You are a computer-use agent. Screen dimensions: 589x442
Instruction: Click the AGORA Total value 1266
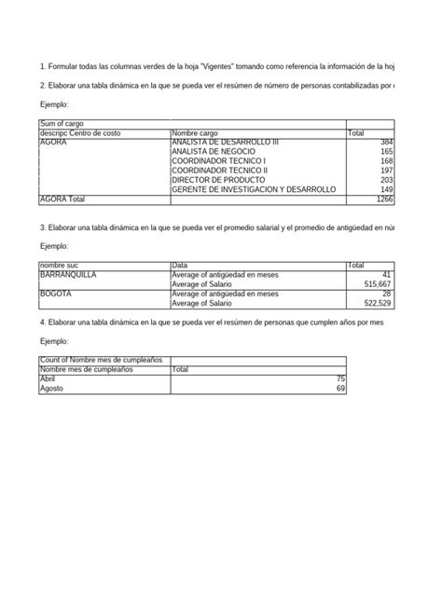click(384, 199)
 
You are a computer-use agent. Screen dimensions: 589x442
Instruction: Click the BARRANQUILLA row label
click(67, 275)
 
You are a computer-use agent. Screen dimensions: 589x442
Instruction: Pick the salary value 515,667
click(379, 284)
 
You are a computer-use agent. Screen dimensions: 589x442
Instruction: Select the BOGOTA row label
click(57, 294)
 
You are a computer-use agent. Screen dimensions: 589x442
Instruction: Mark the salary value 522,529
click(379, 303)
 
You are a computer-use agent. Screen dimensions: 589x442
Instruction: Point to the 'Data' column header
click(180, 266)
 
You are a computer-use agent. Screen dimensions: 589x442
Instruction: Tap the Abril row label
click(48, 378)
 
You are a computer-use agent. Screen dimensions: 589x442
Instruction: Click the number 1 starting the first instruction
click(42, 66)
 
